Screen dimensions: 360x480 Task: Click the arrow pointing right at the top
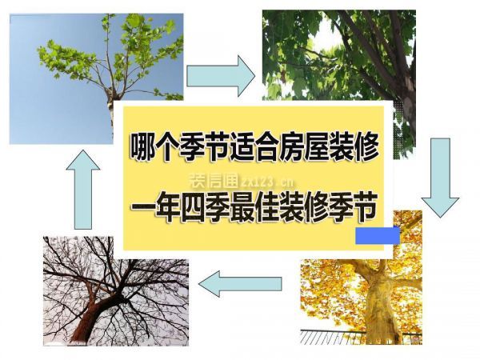tap(219, 76)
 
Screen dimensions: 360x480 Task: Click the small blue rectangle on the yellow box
tap(378, 235)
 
